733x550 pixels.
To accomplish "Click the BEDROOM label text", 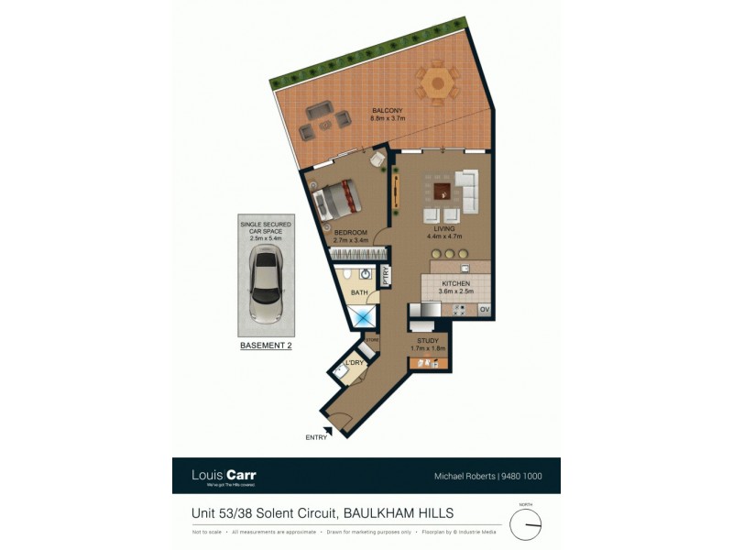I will (x=350, y=233).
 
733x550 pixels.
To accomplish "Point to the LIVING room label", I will (x=444, y=229).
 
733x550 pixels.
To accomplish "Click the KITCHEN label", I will (x=455, y=284).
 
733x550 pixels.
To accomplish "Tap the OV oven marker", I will (x=484, y=310).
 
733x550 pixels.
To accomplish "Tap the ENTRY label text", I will (x=316, y=438).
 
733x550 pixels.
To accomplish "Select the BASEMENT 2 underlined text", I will (x=265, y=346).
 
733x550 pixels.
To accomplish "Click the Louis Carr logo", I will (x=224, y=475).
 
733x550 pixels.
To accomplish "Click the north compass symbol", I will (x=526, y=523).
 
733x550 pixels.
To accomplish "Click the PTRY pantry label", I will (x=387, y=273).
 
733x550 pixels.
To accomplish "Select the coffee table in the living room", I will (x=443, y=192).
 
